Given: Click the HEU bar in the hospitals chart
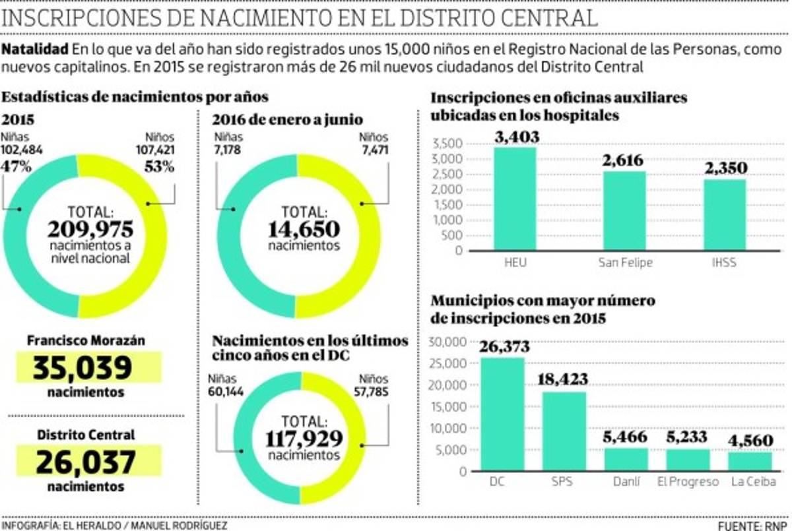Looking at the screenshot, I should pyautogui.click(x=515, y=198).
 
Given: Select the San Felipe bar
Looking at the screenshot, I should pyautogui.click(x=624, y=211).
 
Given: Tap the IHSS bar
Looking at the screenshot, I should pyautogui.click(x=725, y=215).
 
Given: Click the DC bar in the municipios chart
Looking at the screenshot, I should pyautogui.click(x=502, y=414).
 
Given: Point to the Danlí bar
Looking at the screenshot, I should pyautogui.click(x=626, y=460).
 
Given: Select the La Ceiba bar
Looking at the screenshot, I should pyautogui.click(x=750, y=462).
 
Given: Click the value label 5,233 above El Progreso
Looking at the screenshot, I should pyautogui.click(x=687, y=437).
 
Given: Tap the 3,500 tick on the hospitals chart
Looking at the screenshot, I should pyautogui.click(x=448, y=144).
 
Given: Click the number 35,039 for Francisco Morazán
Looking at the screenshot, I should pyautogui.click(x=88, y=368).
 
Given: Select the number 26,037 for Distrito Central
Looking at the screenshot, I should pyautogui.click(x=88, y=462).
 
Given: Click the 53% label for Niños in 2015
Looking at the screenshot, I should pyautogui.click(x=159, y=167).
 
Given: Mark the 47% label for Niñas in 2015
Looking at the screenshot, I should pyautogui.click(x=16, y=167).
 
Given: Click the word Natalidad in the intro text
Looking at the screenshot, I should pyautogui.click(x=36, y=49).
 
